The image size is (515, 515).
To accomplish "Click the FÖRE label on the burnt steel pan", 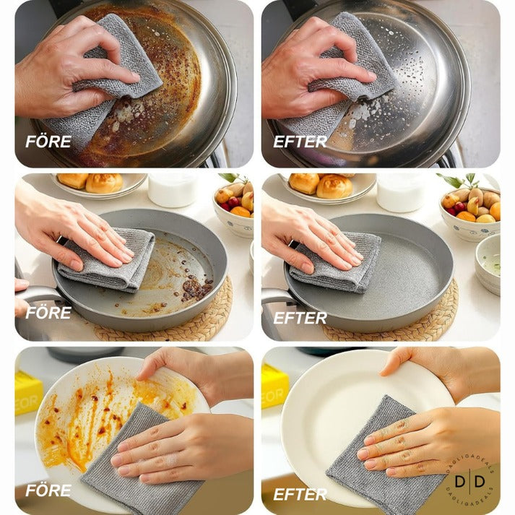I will click(x=48, y=142).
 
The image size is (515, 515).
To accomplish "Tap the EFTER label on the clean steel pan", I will click(x=300, y=142).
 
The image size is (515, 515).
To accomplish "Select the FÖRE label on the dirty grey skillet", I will click(x=48, y=313).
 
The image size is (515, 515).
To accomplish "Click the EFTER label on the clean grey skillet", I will click(x=300, y=317).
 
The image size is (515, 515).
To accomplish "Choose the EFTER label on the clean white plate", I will click(x=300, y=495).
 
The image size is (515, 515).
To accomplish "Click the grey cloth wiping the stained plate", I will click(x=137, y=462).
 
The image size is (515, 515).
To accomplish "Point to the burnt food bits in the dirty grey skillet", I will click(x=195, y=289).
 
